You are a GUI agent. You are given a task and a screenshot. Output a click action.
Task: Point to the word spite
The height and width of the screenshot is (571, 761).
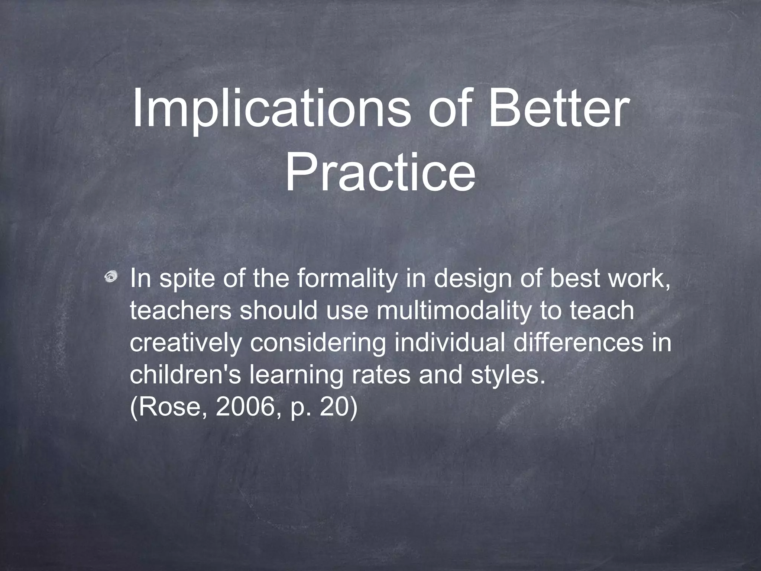(x=187, y=280)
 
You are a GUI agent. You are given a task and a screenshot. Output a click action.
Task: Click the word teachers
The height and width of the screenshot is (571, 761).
(x=181, y=311)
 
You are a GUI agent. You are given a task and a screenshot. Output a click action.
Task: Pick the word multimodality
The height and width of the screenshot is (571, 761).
(x=453, y=312)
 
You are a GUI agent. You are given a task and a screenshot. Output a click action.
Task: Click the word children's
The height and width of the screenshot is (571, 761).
(x=185, y=375)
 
